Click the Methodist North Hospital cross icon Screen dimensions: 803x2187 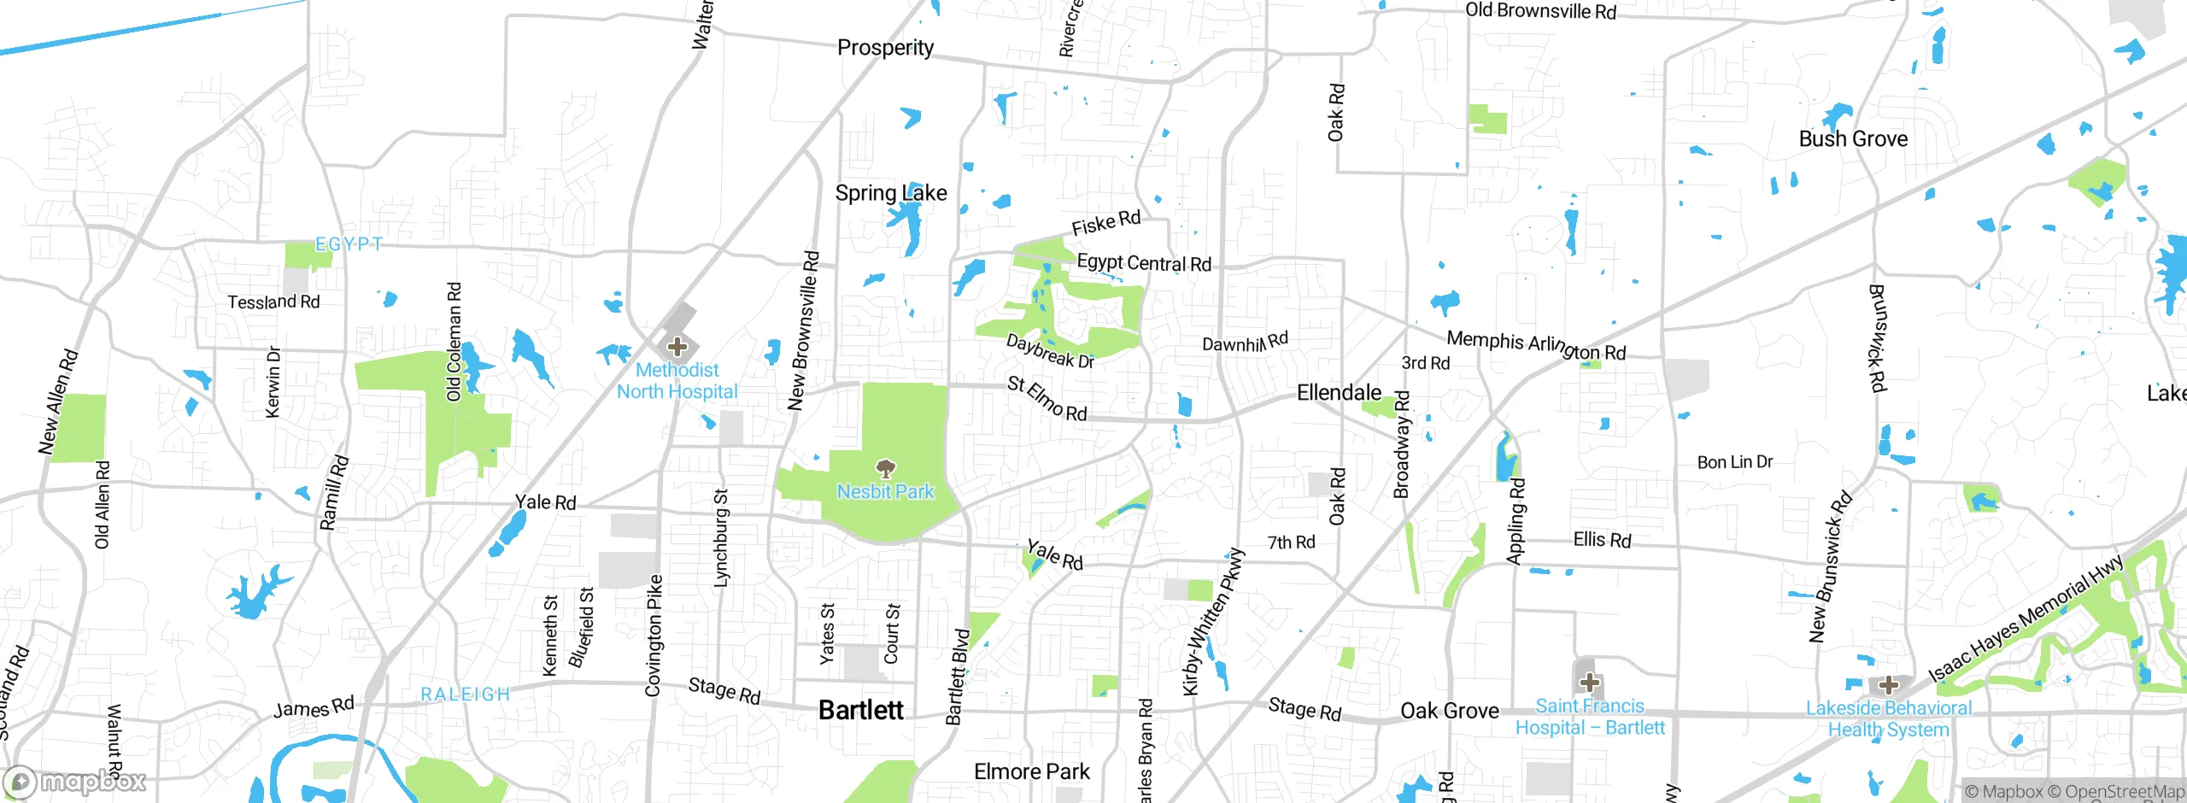coord(677,347)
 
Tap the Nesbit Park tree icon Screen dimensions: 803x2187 coord(886,468)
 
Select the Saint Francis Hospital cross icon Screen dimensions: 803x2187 coord(1589,683)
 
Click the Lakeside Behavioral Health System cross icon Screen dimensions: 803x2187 coord(1888,685)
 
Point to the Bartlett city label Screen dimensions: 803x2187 coord(860,710)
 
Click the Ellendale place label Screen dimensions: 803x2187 coord(1339,393)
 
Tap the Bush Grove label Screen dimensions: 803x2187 coord(1853,139)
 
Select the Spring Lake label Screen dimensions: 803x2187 coord(891,193)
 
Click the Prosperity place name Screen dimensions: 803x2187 coord(885,48)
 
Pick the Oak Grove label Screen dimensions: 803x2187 coord(1449,711)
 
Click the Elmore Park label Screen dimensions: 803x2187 coord(1031,772)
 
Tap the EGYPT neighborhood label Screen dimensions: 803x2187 coord(349,244)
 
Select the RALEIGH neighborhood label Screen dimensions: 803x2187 coord(465,695)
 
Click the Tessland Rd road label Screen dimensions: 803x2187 coord(273,302)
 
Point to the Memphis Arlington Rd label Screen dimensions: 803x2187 coord(1535,345)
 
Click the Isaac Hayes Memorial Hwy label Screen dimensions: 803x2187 coord(2025,619)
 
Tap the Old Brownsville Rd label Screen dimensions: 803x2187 coord(1540,11)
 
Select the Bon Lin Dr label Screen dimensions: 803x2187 coord(1734,462)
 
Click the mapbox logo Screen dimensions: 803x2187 coord(75,781)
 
